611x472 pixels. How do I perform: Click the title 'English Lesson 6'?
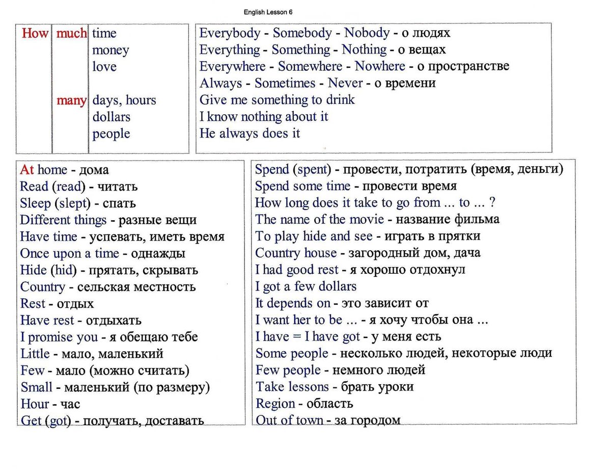[x=268, y=12]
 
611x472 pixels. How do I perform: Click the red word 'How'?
[x=35, y=34]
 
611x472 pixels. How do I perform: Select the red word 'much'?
[x=71, y=34]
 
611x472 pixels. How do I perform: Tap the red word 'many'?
[x=71, y=100]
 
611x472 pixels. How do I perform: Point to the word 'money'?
[x=110, y=50]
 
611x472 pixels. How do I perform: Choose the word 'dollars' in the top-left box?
[x=111, y=117]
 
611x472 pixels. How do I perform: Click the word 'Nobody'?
[x=367, y=33]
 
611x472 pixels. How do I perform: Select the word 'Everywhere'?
[x=232, y=67]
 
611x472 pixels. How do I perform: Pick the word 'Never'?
[x=345, y=83]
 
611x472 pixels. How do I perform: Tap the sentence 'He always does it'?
[x=249, y=134]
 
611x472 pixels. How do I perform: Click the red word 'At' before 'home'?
[x=27, y=170]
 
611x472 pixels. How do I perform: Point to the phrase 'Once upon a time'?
[x=69, y=253]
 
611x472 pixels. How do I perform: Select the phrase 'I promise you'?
[x=59, y=337]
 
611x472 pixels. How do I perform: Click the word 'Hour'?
[x=35, y=404]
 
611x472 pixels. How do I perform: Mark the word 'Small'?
[x=36, y=387]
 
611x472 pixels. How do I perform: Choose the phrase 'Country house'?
[x=295, y=253]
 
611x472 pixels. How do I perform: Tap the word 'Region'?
[x=275, y=404]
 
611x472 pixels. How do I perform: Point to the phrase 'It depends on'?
[x=292, y=303]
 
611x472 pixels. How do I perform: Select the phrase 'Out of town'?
[x=289, y=421]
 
